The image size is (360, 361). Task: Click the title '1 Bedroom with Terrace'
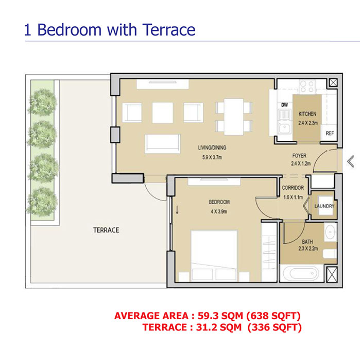110,29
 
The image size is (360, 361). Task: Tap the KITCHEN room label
307,114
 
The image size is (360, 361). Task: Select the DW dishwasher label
284,105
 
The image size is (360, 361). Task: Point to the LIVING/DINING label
212,147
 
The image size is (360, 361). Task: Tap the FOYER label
299,155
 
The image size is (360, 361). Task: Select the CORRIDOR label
293,188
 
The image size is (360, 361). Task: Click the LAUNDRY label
324,206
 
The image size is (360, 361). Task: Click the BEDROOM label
219,202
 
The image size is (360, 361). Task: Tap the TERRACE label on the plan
106,230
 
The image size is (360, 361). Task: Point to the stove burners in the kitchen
307,85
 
